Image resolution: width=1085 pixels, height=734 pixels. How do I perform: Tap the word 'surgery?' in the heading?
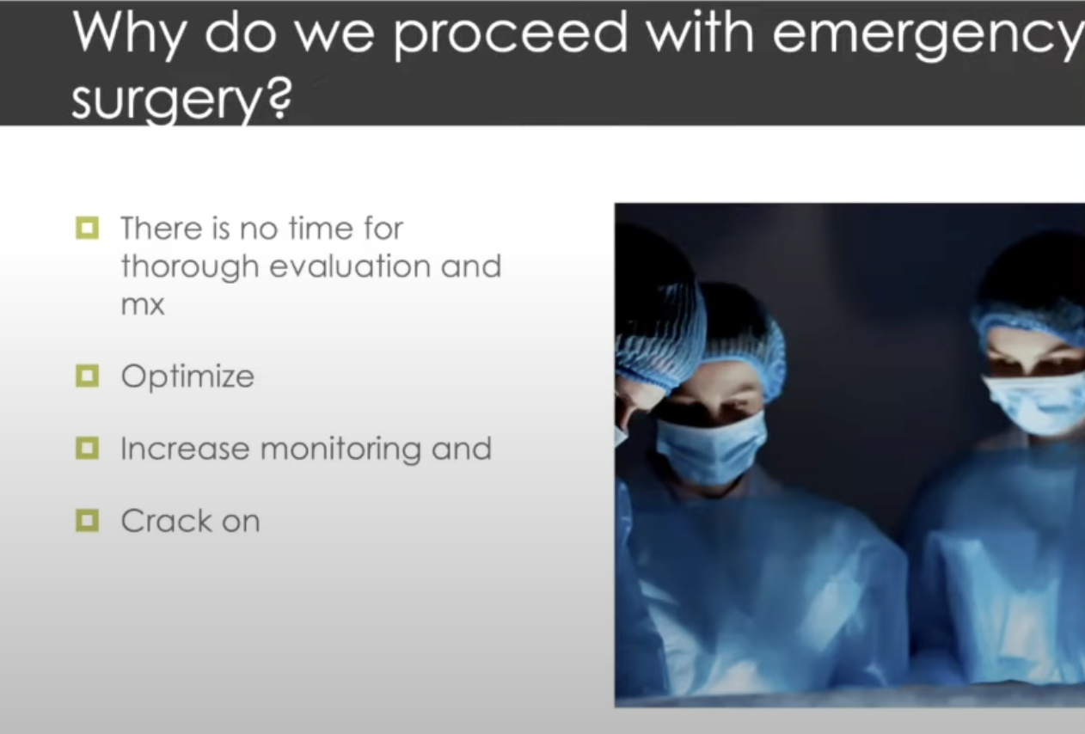pyautogui.click(x=182, y=99)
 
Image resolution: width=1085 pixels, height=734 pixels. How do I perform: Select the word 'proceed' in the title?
pyautogui.click(x=510, y=35)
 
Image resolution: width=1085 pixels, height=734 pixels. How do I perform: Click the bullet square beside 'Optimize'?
pyautogui.click(x=87, y=376)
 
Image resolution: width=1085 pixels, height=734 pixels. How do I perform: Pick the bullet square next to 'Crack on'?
pyautogui.click(x=87, y=521)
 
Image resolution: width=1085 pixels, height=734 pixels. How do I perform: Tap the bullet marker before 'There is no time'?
pyautogui.click(x=87, y=228)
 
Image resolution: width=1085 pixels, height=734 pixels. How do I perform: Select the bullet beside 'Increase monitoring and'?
pyautogui.click(x=87, y=449)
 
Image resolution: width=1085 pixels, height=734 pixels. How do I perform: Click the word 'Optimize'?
pyautogui.click(x=187, y=377)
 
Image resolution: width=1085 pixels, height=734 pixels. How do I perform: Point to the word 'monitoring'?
pyautogui.click(x=340, y=450)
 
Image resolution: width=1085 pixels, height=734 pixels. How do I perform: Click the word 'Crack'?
pyautogui.click(x=167, y=521)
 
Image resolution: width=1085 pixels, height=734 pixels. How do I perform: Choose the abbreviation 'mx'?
pyautogui.click(x=143, y=305)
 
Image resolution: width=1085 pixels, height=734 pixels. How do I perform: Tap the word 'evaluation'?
pyautogui.click(x=350, y=266)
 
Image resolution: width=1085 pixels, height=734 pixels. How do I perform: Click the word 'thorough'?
pyautogui.click(x=189, y=268)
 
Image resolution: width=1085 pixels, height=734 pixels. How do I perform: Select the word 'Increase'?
pyautogui.click(x=186, y=449)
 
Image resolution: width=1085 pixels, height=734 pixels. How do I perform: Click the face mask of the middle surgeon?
pyautogui.click(x=711, y=447)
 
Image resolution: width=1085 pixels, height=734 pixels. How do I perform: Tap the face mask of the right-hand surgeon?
pyautogui.click(x=1037, y=404)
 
